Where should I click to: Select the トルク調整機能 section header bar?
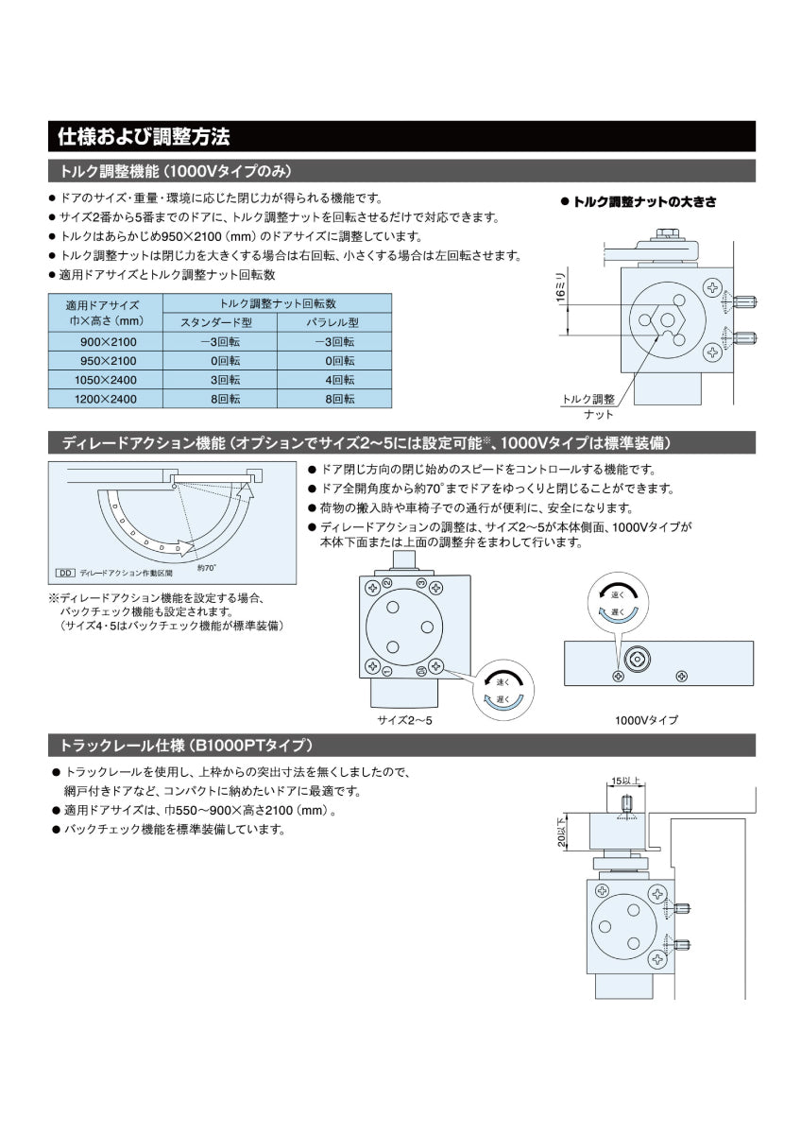[x=176, y=171]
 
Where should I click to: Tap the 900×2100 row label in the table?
[x=108, y=342]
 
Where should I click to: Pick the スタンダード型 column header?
[x=220, y=323]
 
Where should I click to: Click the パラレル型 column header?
[x=334, y=323]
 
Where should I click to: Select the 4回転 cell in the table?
[x=334, y=380]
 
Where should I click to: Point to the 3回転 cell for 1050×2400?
[x=220, y=380]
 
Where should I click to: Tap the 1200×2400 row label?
[x=106, y=399]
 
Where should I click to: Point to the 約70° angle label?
[x=207, y=567]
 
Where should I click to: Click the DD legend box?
[x=65, y=573]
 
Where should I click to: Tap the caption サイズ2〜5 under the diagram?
[x=404, y=719]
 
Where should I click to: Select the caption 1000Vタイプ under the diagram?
[x=646, y=719]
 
